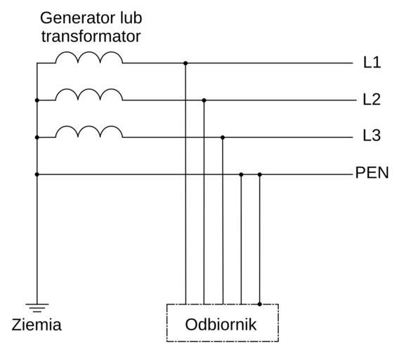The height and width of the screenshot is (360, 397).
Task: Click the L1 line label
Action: click(x=372, y=63)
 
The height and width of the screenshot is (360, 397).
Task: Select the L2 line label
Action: click(x=372, y=99)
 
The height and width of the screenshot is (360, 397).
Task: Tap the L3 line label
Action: click(x=372, y=136)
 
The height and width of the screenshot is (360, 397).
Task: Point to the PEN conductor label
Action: click(x=372, y=173)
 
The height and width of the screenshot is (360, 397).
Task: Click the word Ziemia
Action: click(x=37, y=325)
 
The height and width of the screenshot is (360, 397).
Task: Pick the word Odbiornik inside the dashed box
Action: click(x=221, y=325)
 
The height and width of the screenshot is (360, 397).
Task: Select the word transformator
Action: click(x=91, y=37)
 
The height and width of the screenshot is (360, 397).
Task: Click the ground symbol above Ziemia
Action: click(x=37, y=307)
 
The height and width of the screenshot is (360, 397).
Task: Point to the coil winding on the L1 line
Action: click(x=89, y=58)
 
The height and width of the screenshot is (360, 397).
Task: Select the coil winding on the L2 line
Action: click(x=89, y=94)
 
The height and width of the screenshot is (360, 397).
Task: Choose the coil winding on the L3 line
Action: click(x=89, y=131)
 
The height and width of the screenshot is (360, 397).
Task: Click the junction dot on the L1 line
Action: click(x=186, y=63)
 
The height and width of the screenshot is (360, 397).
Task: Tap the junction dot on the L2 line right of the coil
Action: click(x=204, y=101)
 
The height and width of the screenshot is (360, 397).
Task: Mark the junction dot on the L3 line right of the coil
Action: click(x=223, y=137)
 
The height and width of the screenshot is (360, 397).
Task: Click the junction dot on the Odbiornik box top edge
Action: click(x=259, y=304)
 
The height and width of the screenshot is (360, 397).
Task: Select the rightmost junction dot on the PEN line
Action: click(x=259, y=174)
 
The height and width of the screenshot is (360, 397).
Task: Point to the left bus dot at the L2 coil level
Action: click(x=37, y=101)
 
